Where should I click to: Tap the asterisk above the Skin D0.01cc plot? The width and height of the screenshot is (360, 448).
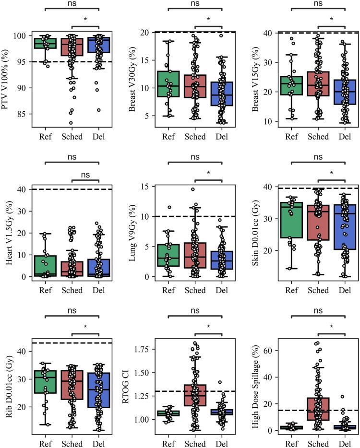(x=331, y=173)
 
